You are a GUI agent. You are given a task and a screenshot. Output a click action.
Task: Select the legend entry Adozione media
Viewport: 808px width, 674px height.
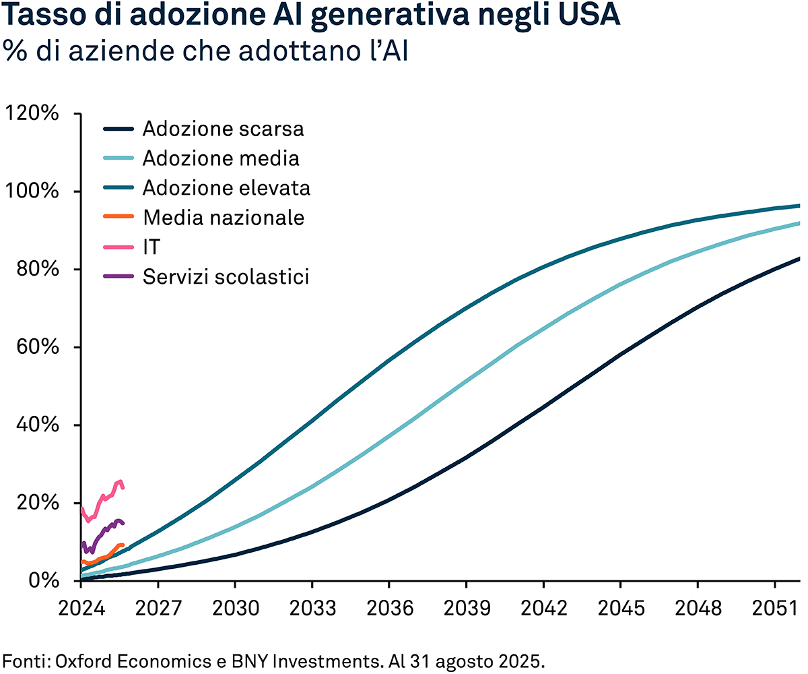221,158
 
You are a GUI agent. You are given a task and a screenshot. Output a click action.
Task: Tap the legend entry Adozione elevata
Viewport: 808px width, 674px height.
226,188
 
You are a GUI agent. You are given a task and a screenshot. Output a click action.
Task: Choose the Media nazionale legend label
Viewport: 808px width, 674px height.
224,218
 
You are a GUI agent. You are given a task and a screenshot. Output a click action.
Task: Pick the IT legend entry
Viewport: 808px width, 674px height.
151,247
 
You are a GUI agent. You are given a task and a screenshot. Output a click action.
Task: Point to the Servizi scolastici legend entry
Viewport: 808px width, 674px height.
226,277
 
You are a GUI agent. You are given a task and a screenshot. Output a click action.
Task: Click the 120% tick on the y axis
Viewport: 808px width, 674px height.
32,113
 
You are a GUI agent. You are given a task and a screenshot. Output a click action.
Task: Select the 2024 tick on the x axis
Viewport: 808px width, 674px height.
80,609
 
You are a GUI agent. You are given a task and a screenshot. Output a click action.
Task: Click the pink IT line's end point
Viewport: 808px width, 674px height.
123,487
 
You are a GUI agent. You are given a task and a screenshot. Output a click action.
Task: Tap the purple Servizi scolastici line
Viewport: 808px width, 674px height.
101,532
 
